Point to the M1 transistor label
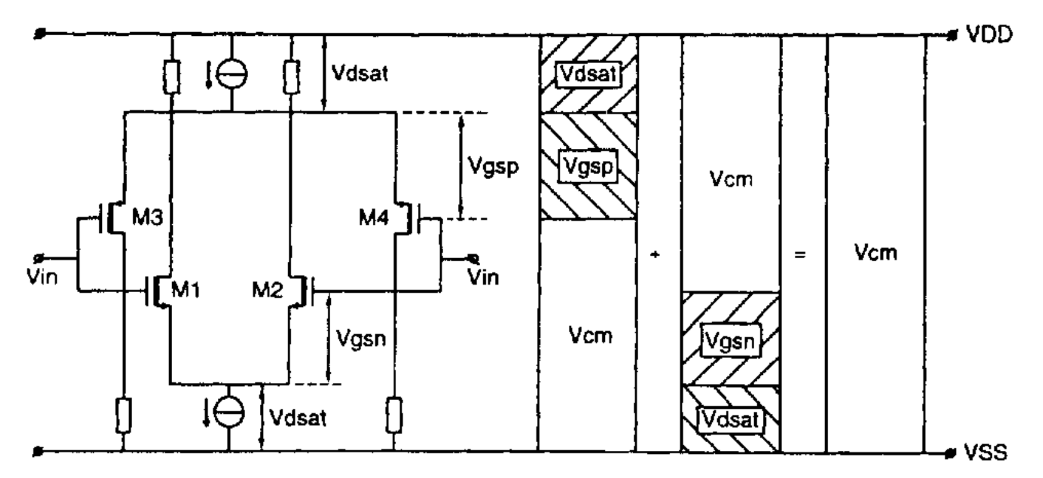[185, 289]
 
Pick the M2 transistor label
[267, 289]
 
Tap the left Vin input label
[42, 276]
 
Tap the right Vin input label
[483, 276]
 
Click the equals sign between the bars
[800, 253]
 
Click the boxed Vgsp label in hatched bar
[589, 167]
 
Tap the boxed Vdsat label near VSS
[730, 419]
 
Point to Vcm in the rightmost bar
[876, 252]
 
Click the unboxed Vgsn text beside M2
[361, 338]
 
